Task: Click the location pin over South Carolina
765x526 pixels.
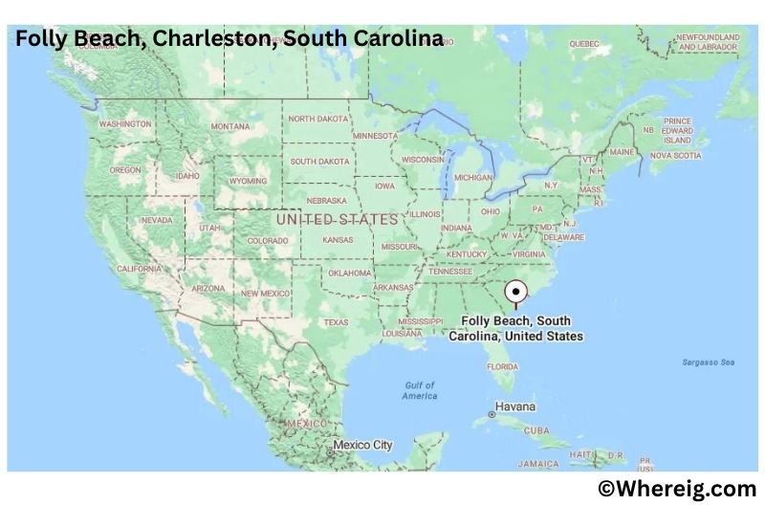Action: [516, 292]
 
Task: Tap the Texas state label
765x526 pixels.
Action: [336, 322]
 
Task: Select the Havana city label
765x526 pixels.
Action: [514, 406]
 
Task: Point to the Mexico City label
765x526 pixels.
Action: [362, 445]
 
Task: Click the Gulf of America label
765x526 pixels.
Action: [419, 390]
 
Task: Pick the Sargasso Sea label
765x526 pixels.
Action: [708, 362]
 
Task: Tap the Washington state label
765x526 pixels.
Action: [125, 124]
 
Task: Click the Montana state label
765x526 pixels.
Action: [229, 127]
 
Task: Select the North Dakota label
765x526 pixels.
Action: [319, 119]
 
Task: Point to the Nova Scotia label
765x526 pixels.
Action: [675, 155]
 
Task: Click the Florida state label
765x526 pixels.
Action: [502, 366]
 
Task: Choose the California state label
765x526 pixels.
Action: [140, 269]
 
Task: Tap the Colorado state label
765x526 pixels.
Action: [268, 241]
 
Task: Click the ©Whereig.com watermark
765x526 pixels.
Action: [677, 490]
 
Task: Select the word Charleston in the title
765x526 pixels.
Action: [194, 39]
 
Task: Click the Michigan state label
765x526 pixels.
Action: [473, 178]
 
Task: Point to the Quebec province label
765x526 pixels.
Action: [583, 44]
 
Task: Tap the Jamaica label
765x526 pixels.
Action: [538, 464]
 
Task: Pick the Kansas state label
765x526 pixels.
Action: [338, 240]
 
